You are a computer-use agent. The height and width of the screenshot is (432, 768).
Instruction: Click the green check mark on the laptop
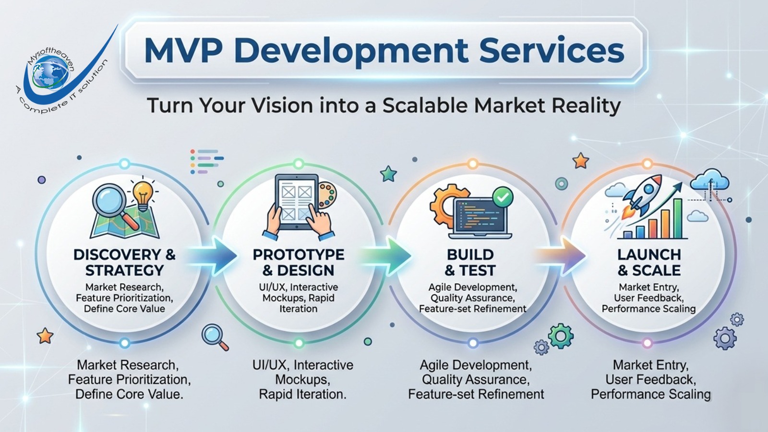point(503,196)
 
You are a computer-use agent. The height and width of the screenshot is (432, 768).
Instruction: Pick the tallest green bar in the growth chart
point(678,218)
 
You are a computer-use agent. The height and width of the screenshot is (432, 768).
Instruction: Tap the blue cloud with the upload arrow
point(709,180)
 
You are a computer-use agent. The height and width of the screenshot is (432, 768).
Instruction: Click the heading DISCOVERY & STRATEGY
point(124,262)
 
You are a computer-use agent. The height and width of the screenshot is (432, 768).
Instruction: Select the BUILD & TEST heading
point(470,262)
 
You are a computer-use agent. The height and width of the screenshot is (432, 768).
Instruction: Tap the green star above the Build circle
point(388,174)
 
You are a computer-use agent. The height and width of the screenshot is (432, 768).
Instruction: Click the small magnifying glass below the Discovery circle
point(214,336)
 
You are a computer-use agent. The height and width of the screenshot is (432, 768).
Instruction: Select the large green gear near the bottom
point(561,336)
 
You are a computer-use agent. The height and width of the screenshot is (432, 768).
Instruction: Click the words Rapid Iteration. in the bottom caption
point(302,395)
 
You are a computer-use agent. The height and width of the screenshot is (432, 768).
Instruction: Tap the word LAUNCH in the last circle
point(649,254)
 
